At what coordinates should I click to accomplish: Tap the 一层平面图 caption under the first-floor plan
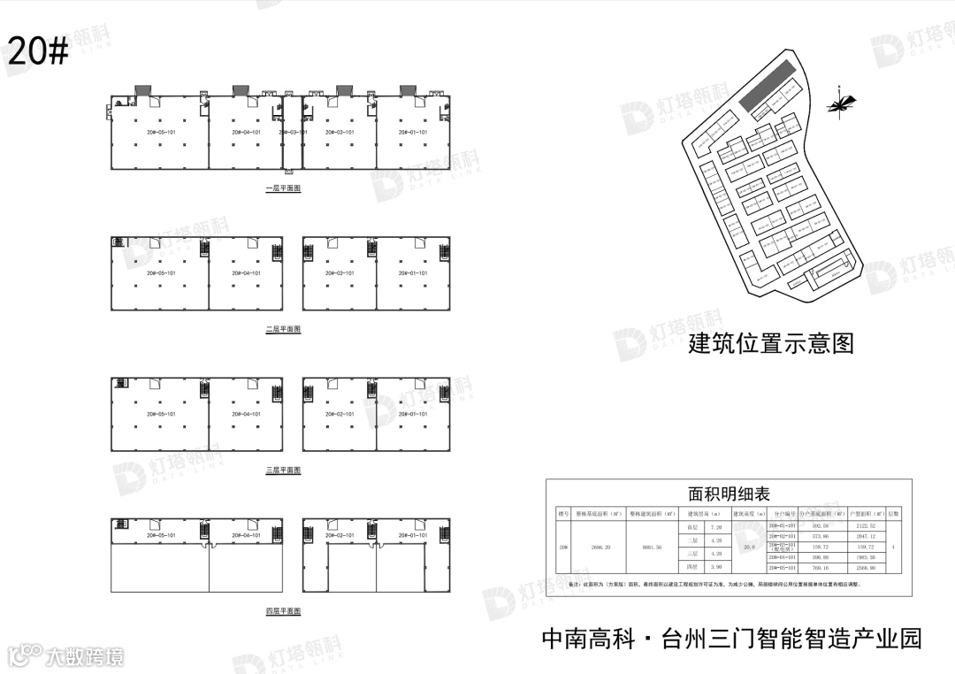click(x=283, y=188)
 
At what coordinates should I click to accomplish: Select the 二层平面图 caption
click(x=283, y=329)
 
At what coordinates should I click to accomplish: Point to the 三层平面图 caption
click(x=283, y=470)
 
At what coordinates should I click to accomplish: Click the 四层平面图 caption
click(x=283, y=611)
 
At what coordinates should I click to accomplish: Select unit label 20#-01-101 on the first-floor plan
click(x=412, y=133)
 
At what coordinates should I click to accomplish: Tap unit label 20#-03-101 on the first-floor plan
click(x=293, y=133)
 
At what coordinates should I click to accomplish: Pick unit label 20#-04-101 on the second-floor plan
click(x=246, y=273)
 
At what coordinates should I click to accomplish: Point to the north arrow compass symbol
click(x=839, y=104)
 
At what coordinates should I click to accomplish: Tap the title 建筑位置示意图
click(x=771, y=343)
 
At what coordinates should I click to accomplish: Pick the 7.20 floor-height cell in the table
click(x=716, y=526)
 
